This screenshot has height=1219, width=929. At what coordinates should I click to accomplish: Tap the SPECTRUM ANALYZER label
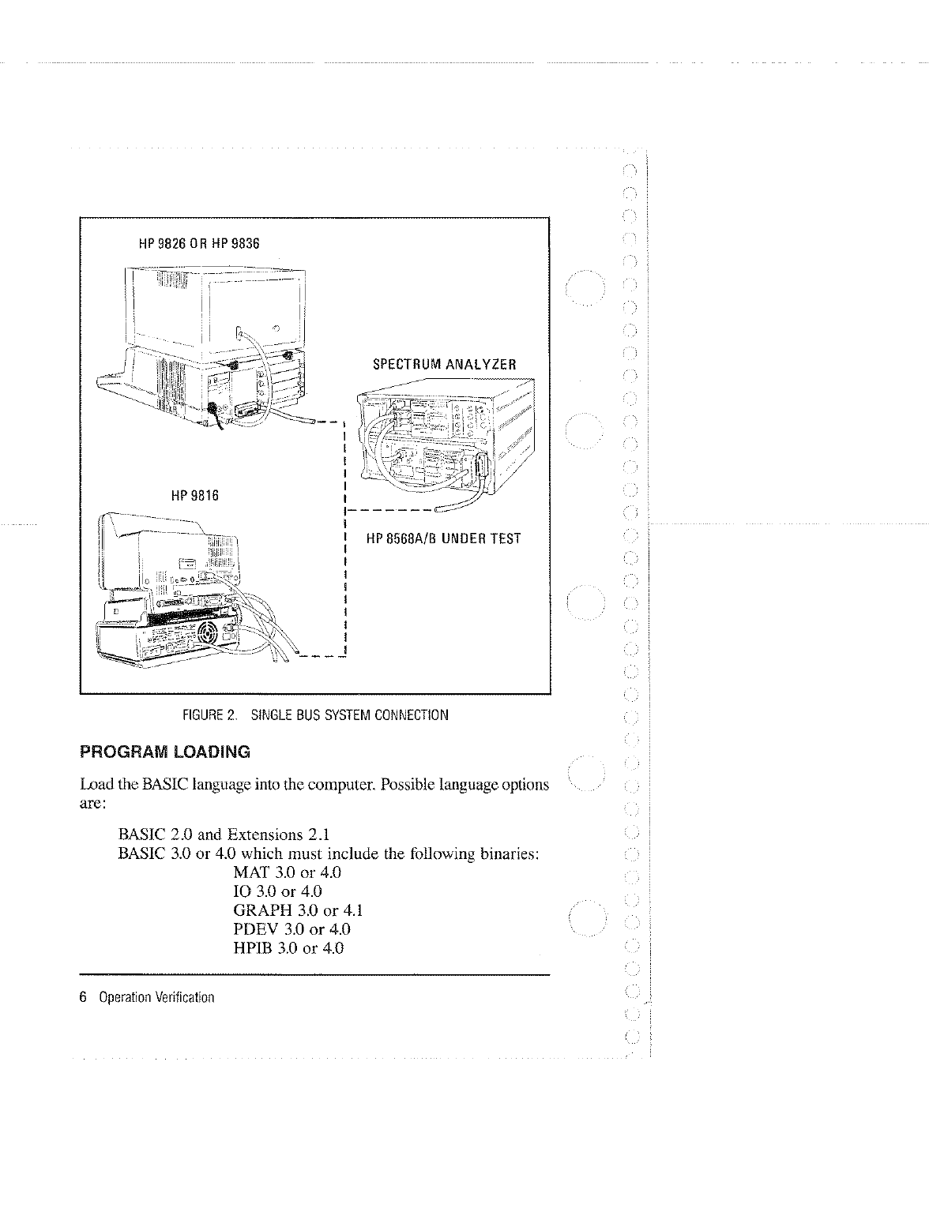444,365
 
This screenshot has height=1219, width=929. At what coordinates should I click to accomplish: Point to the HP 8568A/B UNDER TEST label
443,539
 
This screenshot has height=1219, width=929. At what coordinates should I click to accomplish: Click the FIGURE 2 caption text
315,716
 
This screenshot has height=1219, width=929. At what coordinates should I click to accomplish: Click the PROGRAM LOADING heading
165,752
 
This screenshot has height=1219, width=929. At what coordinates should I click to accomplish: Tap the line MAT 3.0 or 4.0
288,873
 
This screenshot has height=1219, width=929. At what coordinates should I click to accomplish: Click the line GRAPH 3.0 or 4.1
298,910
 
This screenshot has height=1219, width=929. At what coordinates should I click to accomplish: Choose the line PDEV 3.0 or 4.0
291,929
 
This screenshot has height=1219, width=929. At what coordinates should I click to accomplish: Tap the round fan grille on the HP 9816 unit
209,632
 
